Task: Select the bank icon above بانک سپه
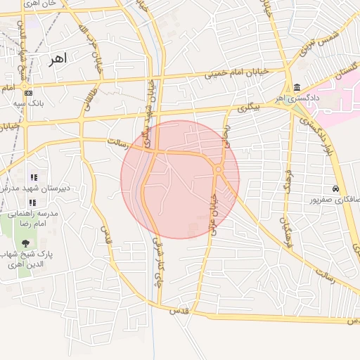pyautogui.click(x=27, y=93)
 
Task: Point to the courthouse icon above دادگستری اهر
pyautogui.click(x=297, y=88)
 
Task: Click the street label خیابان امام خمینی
pyautogui.click(x=237, y=73)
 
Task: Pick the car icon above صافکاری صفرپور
pyautogui.click(x=336, y=189)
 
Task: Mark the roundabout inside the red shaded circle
pyautogui.click(x=219, y=169)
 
